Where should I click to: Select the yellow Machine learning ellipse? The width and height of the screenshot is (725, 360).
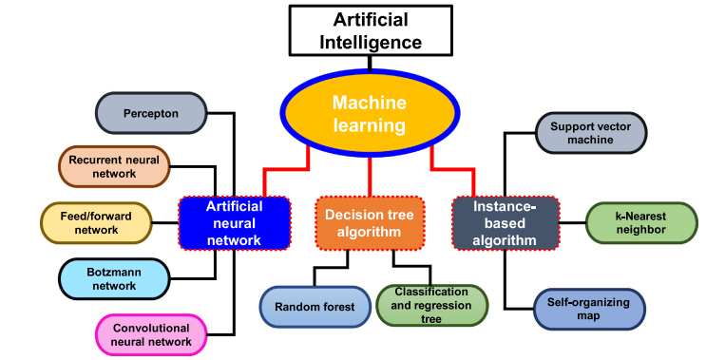pos(369,113)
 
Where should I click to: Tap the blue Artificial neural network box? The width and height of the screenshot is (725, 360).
pos(234,223)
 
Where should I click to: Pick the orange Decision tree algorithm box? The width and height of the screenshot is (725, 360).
pos(369,223)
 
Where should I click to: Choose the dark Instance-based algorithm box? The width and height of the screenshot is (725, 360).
pos(505,223)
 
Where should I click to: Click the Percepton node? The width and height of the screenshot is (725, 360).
pos(150,113)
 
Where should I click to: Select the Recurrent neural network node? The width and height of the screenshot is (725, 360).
pos(114,166)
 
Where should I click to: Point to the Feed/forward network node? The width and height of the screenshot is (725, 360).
pos(98,222)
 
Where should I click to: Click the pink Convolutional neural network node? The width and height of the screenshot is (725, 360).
pos(151,334)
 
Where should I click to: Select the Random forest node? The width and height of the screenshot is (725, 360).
pos(315,307)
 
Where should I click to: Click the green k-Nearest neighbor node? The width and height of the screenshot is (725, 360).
pos(640,223)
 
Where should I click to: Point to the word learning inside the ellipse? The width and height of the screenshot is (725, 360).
pos(369,125)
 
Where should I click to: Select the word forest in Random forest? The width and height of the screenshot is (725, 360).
pos(337,307)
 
